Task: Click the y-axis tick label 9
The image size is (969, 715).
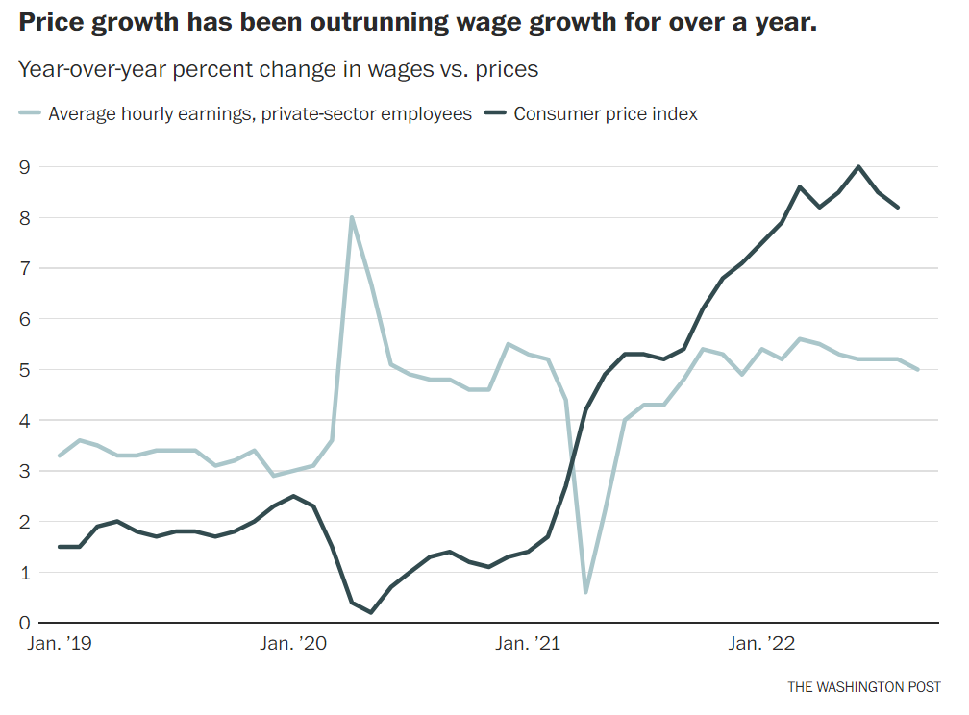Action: (25, 167)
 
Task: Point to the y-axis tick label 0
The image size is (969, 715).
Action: (25, 623)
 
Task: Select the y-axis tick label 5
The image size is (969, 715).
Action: (25, 370)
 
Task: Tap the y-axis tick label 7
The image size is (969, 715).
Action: (25, 268)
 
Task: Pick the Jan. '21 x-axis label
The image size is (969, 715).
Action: (526, 644)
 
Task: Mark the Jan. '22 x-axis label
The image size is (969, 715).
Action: (761, 644)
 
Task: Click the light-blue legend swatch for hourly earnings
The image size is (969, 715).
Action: (31, 114)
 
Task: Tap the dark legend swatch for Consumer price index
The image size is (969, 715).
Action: (496, 114)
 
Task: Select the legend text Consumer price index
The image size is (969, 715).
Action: (606, 114)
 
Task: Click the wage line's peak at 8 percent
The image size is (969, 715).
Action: (351, 217)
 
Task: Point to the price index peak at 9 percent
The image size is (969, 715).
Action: (858, 166)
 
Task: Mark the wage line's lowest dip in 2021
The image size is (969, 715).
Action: (585, 592)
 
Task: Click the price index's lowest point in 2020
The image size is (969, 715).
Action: (371, 612)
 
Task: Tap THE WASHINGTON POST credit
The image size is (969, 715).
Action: (864, 687)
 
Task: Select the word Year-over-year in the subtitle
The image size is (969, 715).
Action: (86, 69)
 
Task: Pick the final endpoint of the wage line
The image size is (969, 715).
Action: (917, 370)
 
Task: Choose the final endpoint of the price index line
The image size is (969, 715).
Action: (898, 208)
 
